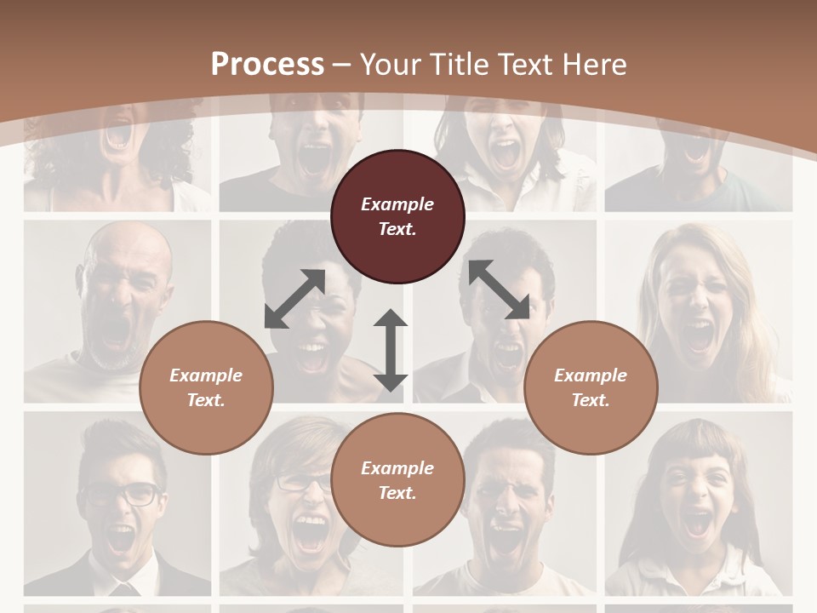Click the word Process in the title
(x=267, y=65)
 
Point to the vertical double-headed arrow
(x=391, y=350)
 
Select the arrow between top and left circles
(x=294, y=299)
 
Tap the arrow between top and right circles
(x=499, y=289)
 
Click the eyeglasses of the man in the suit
(x=121, y=494)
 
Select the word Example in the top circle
(x=397, y=204)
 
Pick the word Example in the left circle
(x=206, y=375)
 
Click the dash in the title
(x=342, y=65)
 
